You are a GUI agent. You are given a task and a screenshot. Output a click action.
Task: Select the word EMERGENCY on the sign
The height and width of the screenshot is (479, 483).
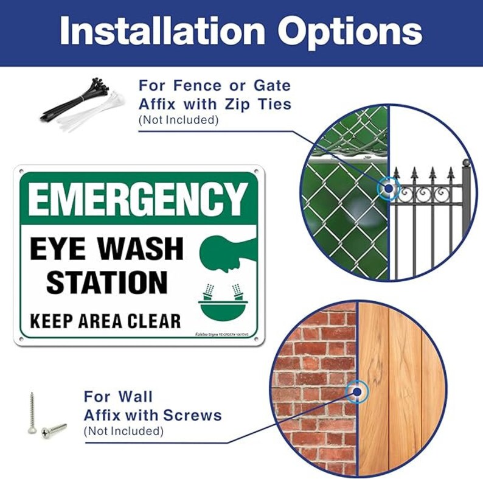point(137,199)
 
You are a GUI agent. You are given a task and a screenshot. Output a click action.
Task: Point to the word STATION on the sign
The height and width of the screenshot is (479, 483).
point(107,282)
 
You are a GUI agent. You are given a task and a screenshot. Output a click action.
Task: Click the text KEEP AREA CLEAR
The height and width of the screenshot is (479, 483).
point(106,320)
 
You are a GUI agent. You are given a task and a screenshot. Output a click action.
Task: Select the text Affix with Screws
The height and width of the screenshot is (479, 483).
point(153,416)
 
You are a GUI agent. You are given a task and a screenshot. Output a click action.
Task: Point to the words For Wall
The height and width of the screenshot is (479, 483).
point(118,397)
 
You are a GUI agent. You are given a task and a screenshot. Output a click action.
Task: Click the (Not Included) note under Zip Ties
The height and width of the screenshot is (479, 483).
point(178,120)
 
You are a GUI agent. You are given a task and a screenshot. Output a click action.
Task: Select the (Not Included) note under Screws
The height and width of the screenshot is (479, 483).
point(123,432)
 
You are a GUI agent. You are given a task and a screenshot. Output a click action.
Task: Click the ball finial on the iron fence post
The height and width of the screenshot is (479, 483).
point(467,163)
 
